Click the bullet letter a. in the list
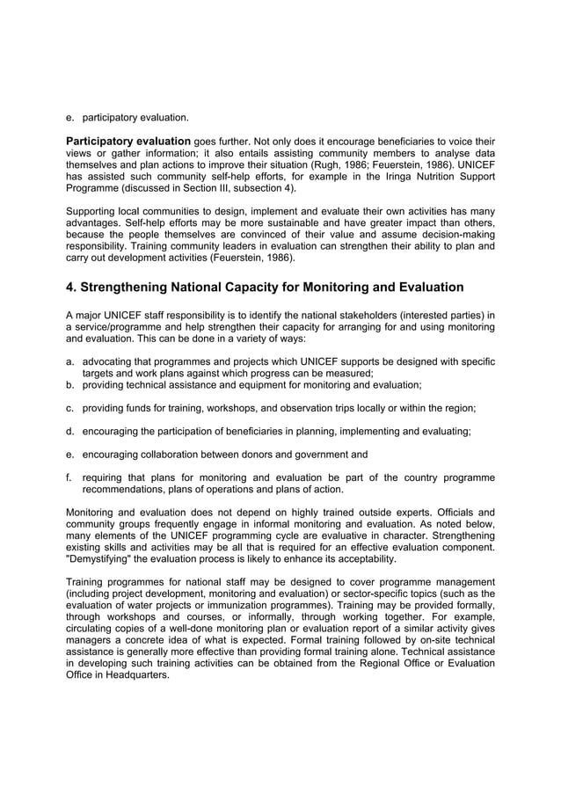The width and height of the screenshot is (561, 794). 70,361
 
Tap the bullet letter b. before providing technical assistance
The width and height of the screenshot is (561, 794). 70,384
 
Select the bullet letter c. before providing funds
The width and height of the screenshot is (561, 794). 70,408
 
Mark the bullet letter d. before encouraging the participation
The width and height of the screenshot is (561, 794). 70,431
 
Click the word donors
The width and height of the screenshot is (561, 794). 263,454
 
